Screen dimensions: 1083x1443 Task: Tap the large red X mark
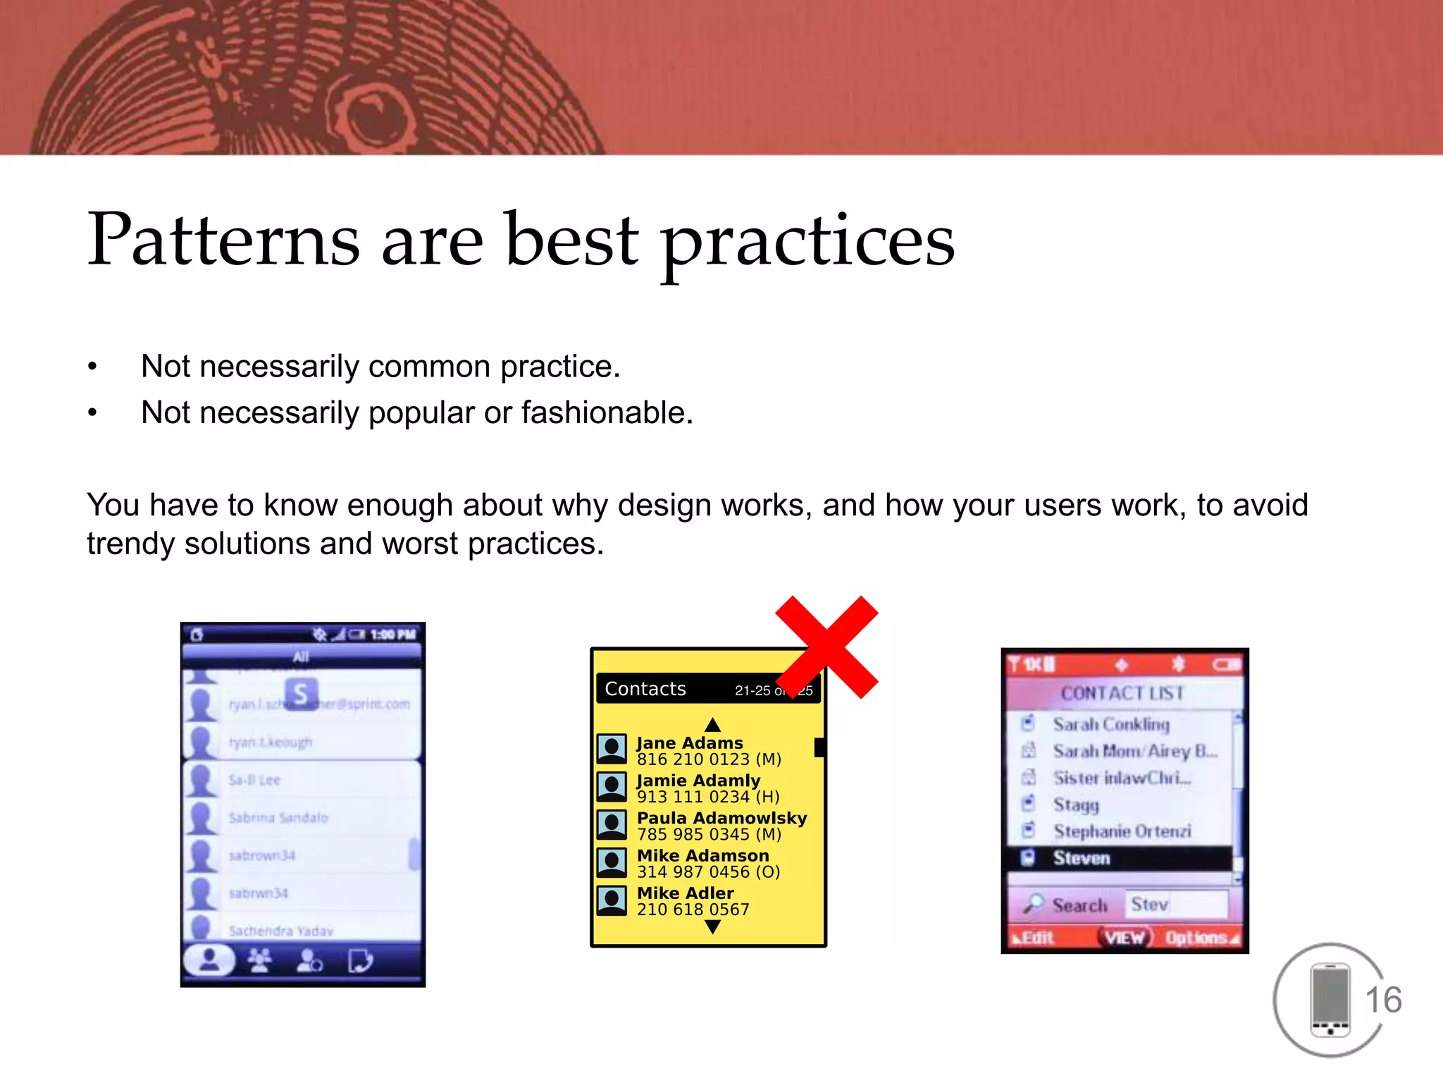[826, 647]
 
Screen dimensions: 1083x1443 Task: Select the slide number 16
[1383, 1000]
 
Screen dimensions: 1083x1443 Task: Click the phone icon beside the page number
[1330, 1000]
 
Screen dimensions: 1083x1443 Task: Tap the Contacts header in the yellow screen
[645, 689]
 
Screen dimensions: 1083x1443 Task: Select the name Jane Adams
[690, 742]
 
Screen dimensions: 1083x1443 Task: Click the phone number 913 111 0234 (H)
[708, 797]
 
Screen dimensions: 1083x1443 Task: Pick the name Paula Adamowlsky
[721, 818]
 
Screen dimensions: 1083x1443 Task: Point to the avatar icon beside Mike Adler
[612, 900]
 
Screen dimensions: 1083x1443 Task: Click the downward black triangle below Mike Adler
[712, 926]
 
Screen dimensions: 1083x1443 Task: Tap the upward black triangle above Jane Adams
[712, 725]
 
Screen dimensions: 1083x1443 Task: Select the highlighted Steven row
[1120, 858]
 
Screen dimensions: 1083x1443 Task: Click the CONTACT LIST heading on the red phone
[1122, 693]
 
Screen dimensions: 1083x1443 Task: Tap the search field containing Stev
[1177, 905]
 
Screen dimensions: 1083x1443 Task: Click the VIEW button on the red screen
[1125, 938]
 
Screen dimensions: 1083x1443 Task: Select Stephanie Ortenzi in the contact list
[1122, 831]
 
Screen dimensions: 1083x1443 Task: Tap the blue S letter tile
[301, 694]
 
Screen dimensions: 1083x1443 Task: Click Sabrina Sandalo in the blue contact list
[278, 818]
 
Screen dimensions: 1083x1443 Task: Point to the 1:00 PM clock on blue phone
[393, 635]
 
